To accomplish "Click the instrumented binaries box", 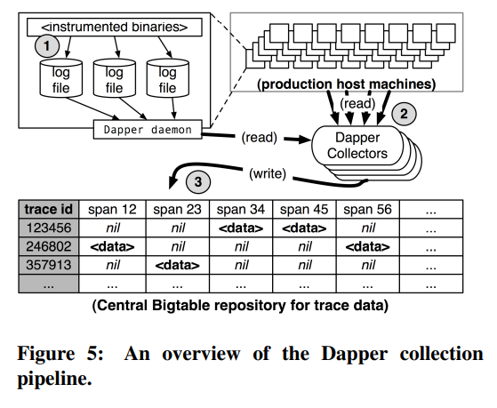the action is pos(115,27).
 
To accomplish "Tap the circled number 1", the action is pos(47,45).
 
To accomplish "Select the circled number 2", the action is pos(404,114).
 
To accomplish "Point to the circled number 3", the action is pos(198,181).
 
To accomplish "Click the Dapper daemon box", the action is pos(148,130).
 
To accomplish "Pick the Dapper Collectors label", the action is pos(357,146).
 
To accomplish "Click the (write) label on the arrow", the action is pos(268,173).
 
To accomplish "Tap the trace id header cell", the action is pos(49,209).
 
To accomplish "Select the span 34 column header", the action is pos(241,209).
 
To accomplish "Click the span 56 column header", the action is pos(368,209).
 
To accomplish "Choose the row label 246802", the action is pos(49,246).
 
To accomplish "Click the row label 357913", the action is pos(49,265).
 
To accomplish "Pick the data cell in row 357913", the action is pos(178,265).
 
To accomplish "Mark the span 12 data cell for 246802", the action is pos(112,246).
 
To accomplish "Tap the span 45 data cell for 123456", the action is pos(304,228).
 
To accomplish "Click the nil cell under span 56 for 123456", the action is pos(368,228).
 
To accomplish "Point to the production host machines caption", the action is pos(347,84).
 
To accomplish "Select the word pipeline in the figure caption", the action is pos(54,378).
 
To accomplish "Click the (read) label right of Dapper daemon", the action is pos(260,137).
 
